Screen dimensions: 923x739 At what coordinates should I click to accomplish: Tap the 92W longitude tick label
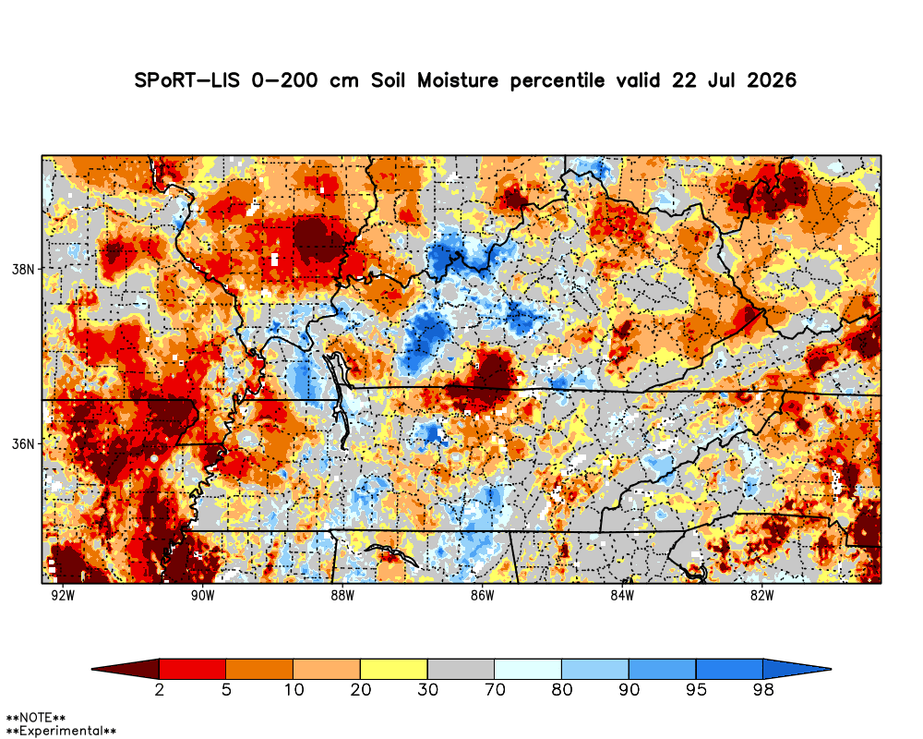tap(63, 596)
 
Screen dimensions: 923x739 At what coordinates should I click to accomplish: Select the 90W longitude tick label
tap(202, 596)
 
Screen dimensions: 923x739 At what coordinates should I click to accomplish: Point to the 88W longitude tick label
tap(342, 596)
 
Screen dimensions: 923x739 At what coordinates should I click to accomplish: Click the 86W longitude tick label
tap(482, 596)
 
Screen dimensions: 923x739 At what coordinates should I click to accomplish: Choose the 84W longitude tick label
tap(622, 596)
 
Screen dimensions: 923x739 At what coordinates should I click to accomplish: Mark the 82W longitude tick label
tap(761, 596)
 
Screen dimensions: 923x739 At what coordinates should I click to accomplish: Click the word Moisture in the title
tap(458, 80)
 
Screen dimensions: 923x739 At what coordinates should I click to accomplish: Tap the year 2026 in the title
tap(772, 80)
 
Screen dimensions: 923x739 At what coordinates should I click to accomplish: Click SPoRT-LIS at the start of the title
tap(187, 80)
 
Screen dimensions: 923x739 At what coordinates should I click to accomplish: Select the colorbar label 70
tap(495, 689)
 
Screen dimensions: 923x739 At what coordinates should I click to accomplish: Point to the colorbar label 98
tap(763, 689)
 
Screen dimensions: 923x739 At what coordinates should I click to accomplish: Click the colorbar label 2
tap(160, 689)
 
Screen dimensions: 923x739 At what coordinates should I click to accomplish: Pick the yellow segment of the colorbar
tap(394, 669)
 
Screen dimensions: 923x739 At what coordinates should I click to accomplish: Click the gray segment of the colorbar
tap(461, 669)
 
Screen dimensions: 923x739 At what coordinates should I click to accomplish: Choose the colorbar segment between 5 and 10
tap(259, 669)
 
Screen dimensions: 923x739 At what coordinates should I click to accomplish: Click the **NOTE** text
tap(35, 718)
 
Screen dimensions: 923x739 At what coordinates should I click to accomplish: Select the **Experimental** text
tap(61, 732)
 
